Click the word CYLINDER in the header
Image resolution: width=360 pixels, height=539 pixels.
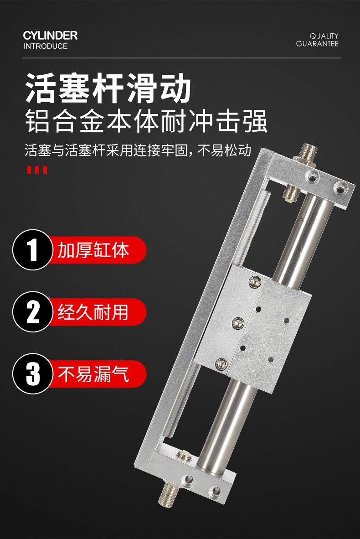click(50, 36)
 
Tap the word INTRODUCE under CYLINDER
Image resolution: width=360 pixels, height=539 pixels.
click(46, 46)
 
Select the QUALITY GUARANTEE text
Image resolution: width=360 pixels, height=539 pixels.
click(318, 40)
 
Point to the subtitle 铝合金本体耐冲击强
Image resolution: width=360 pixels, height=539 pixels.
click(146, 121)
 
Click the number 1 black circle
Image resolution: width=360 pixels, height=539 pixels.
click(33, 250)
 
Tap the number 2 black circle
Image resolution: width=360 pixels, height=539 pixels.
click(33, 312)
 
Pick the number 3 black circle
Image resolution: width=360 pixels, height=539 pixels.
click(33, 373)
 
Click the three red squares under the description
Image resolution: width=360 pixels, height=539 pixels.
click(37, 170)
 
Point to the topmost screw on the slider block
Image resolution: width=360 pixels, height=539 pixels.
click(254, 282)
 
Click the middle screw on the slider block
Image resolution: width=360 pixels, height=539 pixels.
click(238, 323)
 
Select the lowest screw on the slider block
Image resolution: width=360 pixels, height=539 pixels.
click(221, 363)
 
